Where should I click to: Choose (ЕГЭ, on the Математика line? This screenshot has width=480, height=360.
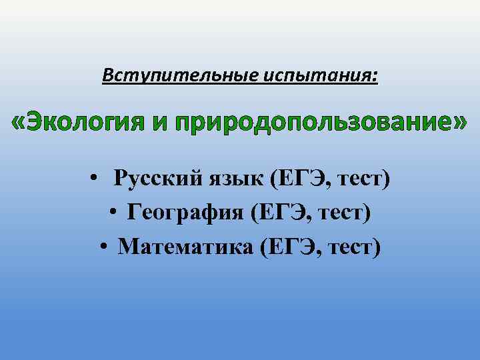(293, 247)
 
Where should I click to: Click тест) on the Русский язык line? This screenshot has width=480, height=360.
(363, 179)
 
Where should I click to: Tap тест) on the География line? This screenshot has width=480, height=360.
(346, 213)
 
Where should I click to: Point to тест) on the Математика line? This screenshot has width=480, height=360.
(355, 247)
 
